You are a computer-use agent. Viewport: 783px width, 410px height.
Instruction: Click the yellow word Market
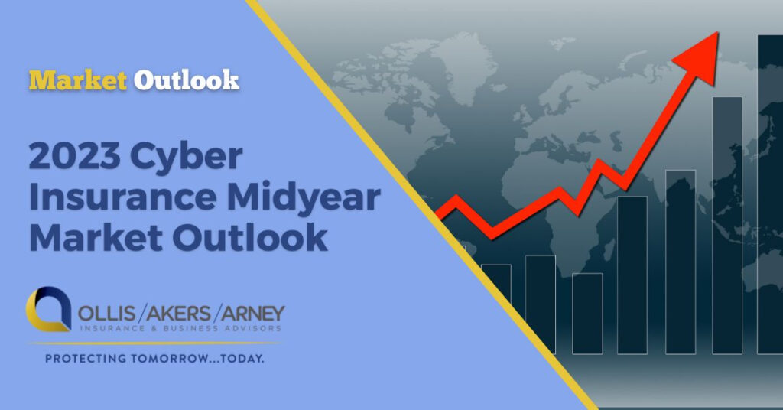point(78,80)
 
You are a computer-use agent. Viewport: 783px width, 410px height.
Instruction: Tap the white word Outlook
point(186,80)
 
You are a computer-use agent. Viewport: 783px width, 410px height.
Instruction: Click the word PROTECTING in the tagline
point(82,357)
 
